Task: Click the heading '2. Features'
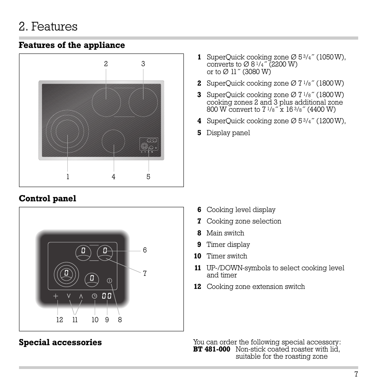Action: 48,27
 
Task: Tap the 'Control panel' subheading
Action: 47,199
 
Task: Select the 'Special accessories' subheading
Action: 60,342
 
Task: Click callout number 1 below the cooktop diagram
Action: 68,177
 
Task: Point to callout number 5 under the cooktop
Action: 148,177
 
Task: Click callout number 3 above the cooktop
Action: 143,64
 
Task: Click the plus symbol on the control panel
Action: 56,296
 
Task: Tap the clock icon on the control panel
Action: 95,296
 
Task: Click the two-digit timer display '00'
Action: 106,296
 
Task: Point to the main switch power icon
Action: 110,281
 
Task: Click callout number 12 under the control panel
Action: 59,320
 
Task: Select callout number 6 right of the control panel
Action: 145,250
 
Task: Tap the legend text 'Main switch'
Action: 225,233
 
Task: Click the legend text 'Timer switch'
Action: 227,256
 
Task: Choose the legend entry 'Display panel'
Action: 228,133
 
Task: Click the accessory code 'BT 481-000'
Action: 212,349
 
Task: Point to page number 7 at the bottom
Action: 356,374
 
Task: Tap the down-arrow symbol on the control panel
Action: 69,296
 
